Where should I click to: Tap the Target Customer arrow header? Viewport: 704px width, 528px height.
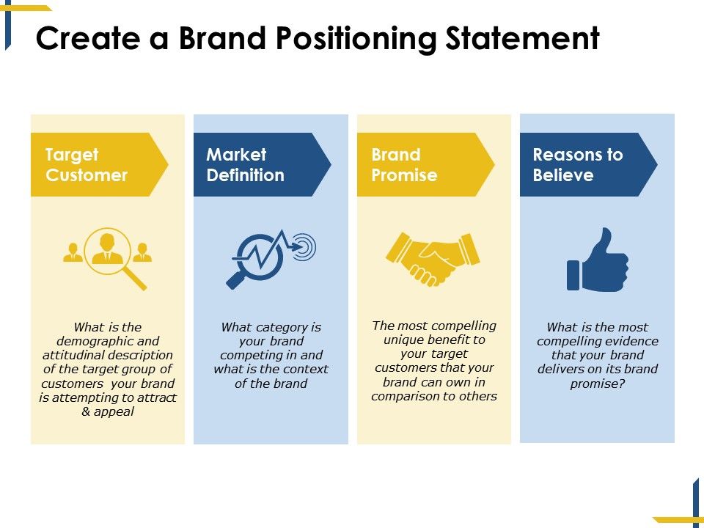click(x=95, y=165)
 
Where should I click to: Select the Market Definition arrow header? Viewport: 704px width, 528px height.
click(x=257, y=165)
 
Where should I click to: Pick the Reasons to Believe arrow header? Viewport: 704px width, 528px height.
click(x=583, y=165)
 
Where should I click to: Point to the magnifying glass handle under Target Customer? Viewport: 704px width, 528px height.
click(x=135, y=278)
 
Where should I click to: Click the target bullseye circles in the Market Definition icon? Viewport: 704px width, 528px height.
click(x=304, y=246)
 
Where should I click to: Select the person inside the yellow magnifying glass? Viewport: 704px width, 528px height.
click(x=107, y=248)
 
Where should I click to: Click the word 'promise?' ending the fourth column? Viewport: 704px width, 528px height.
click(x=597, y=383)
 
